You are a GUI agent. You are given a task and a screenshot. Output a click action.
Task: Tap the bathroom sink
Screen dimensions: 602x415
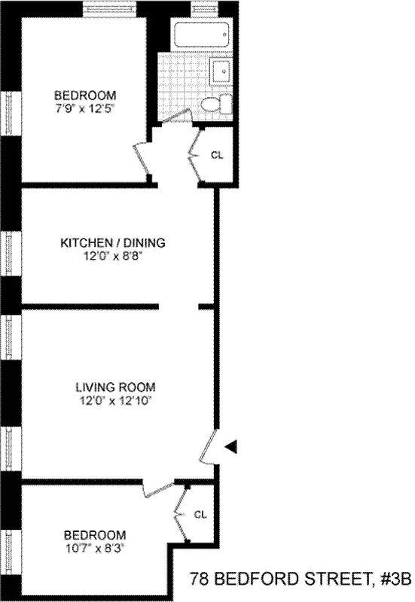click(223, 73)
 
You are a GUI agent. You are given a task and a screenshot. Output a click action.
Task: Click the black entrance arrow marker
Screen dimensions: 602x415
click(232, 447)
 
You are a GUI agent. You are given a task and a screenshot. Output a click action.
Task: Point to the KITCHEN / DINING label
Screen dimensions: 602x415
click(112, 243)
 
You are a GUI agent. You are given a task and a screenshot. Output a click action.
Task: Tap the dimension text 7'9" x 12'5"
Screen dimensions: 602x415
click(84, 108)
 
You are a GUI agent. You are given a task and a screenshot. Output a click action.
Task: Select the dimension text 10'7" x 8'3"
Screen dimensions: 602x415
click(94, 549)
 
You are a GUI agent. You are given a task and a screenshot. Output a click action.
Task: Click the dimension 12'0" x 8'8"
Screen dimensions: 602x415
click(112, 257)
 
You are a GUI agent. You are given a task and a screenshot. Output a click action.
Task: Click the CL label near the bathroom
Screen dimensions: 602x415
click(217, 155)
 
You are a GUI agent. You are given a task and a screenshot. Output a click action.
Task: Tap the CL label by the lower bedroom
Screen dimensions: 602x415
click(200, 515)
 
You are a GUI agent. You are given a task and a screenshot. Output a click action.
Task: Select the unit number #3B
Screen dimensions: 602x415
click(395, 579)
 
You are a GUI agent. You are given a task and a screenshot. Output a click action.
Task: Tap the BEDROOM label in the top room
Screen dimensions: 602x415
click(84, 95)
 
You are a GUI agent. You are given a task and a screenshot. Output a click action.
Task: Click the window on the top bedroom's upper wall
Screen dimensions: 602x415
click(110, 10)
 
